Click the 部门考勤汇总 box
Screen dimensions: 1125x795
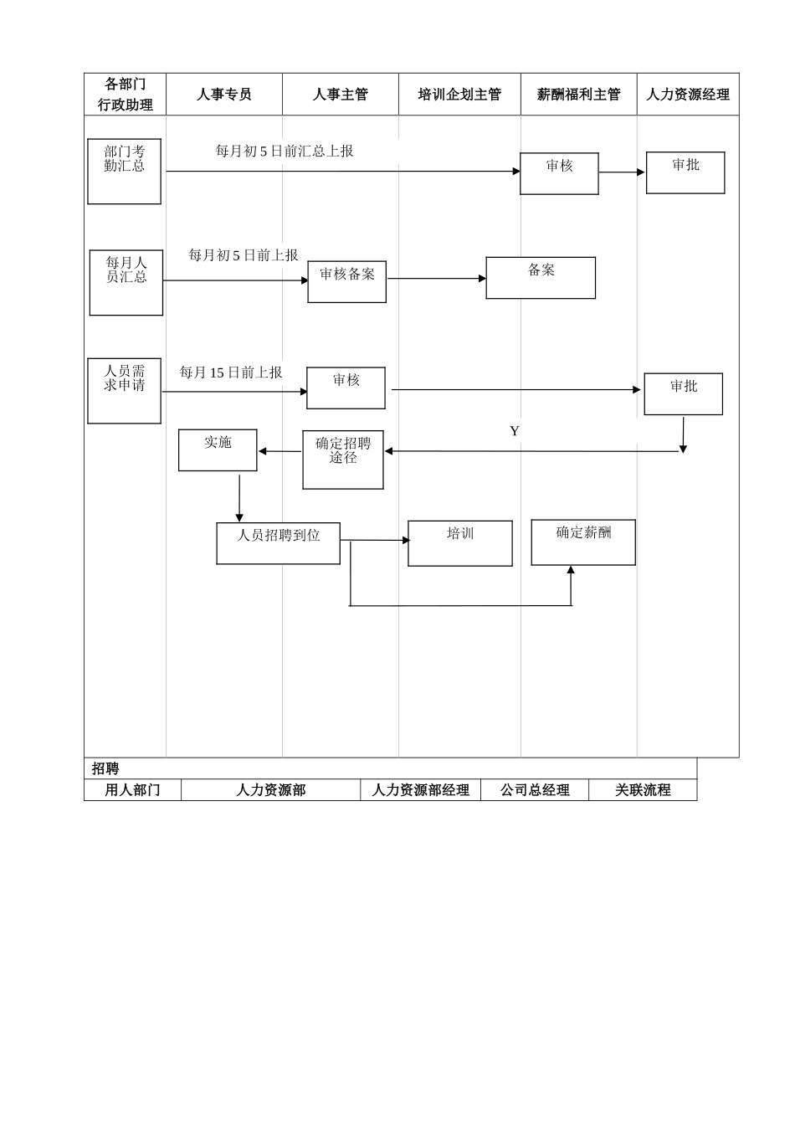(x=124, y=171)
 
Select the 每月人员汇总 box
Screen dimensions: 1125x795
(x=126, y=282)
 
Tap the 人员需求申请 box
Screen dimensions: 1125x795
(x=124, y=391)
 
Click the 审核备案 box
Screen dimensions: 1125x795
(x=346, y=281)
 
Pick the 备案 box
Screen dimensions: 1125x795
(x=541, y=278)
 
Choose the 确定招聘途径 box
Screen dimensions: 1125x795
(x=343, y=460)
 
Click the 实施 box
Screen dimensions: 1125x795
(x=218, y=450)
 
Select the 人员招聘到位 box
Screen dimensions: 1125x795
(x=278, y=543)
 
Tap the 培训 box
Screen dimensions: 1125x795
(x=460, y=543)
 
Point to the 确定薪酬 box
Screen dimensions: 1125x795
(x=583, y=542)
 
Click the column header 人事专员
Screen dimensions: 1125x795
(x=224, y=95)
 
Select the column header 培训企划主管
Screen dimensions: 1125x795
(x=459, y=95)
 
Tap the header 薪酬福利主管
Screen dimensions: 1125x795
(x=579, y=95)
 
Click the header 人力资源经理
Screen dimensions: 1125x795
(x=688, y=95)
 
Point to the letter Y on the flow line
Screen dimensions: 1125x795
(x=515, y=431)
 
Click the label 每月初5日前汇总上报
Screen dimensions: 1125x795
(x=285, y=152)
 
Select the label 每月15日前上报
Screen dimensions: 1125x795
(x=231, y=372)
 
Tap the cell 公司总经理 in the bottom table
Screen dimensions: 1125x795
(x=535, y=790)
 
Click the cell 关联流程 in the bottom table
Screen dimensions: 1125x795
(x=643, y=790)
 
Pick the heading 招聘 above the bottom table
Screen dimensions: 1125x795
(x=105, y=768)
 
